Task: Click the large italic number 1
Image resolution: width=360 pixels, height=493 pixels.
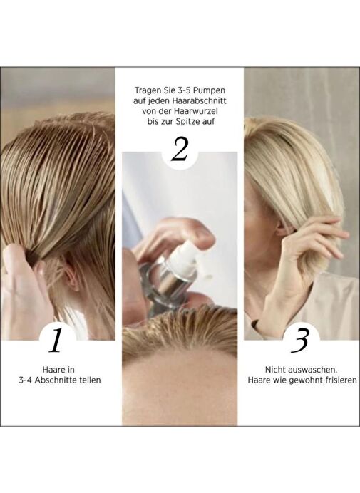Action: pyautogui.click(x=56, y=341)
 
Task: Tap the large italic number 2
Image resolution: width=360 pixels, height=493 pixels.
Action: pyautogui.click(x=180, y=150)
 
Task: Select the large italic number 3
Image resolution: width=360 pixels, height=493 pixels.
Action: pyautogui.click(x=299, y=341)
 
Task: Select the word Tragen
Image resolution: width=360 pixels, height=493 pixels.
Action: pyautogui.click(x=146, y=90)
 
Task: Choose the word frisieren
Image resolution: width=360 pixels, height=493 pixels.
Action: pyautogui.click(x=341, y=380)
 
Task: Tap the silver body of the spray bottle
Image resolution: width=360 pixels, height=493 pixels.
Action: pyautogui.click(x=168, y=284)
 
